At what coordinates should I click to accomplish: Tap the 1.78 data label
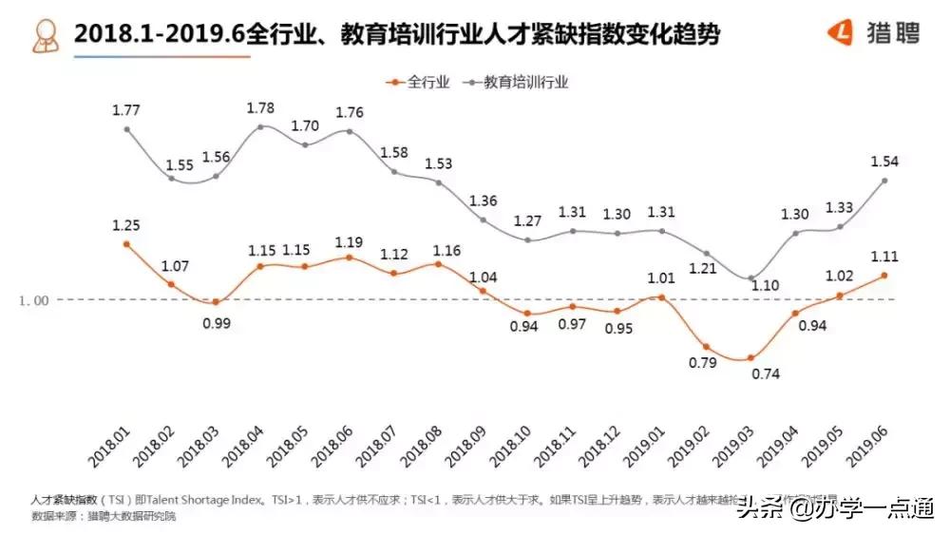(x=261, y=106)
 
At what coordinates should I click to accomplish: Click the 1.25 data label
(x=126, y=224)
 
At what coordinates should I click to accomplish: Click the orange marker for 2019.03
(x=750, y=358)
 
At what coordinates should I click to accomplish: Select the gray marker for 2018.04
(x=261, y=126)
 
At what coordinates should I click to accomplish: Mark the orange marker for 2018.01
(x=126, y=244)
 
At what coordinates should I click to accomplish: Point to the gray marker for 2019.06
(x=885, y=181)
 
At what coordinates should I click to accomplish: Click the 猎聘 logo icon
(x=841, y=33)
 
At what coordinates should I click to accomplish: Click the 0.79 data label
(x=704, y=362)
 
